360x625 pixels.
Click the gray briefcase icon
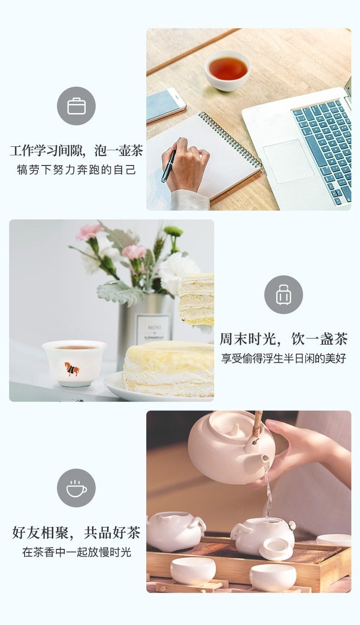coord(76,106)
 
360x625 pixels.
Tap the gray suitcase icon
coord(283,294)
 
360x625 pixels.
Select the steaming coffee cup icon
coord(76,488)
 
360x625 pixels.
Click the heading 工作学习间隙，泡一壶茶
coord(76,151)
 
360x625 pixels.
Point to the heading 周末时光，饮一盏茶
coord(283,339)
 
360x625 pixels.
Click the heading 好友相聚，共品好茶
coord(76,532)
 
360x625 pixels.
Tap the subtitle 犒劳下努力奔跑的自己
coord(76,170)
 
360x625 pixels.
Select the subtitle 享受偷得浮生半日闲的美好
coord(283,358)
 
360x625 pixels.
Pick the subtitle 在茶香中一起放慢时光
coord(76,552)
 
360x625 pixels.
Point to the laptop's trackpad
coord(288,161)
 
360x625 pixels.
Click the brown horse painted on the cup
coord(72,369)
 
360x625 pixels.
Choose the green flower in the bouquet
coord(173,232)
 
